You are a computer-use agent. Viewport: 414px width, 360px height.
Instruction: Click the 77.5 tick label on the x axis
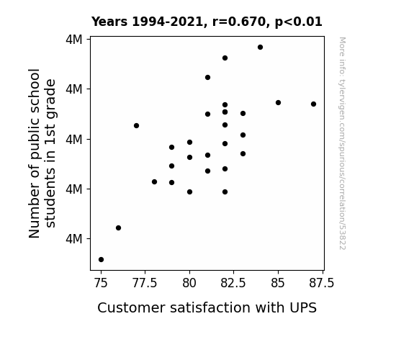click(x=145, y=283)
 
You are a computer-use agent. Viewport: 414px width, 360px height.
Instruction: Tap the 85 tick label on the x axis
click(x=278, y=283)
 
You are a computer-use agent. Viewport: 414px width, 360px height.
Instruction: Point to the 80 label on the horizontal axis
click(x=189, y=283)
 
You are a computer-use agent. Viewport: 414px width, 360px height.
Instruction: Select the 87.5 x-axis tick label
click(x=322, y=283)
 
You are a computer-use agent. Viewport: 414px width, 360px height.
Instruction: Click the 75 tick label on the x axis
click(x=101, y=283)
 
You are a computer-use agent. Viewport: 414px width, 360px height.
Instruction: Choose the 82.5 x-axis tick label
click(x=233, y=283)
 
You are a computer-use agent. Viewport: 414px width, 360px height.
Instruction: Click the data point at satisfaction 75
click(x=101, y=260)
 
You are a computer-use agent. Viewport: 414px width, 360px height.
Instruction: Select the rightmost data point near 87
click(x=313, y=104)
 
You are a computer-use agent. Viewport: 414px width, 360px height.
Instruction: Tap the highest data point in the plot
click(x=261, y=48)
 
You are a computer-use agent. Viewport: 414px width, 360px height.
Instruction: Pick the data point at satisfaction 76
click(x=119, y=228)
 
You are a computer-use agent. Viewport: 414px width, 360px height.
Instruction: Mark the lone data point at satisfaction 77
click(x=137, y=126)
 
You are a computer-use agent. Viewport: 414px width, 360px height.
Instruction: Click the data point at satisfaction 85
click(x=279, y=103)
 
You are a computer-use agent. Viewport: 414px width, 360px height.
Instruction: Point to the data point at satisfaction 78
click(x=155, y=181)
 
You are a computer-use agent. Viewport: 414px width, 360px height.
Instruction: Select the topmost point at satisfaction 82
click(x=225, y=58)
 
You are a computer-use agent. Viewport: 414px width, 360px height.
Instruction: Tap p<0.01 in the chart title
click(x=299, y=22)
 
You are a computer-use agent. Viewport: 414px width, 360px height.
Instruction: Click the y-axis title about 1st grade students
click(x=42, y=153)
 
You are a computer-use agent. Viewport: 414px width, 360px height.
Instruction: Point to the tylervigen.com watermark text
click(x=342, y=143)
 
